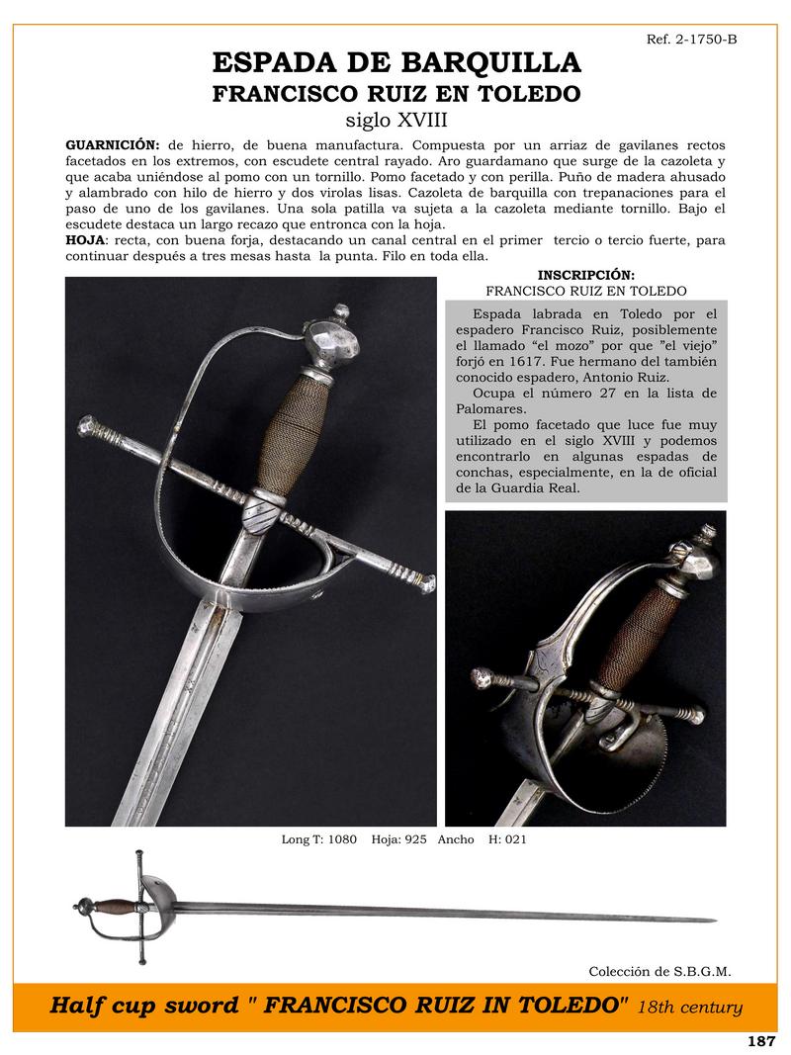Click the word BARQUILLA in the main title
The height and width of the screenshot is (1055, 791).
click(x=488, y=63)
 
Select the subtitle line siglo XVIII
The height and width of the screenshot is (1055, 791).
click(x=395, y=121)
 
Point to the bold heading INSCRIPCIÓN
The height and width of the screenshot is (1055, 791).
click(x=586, y=274)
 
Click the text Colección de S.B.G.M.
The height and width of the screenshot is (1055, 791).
click(x=659, y=971)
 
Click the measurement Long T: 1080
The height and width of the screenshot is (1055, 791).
click(x=319, y=840)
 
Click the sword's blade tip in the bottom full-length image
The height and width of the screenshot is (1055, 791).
click(x=714, y=921)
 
